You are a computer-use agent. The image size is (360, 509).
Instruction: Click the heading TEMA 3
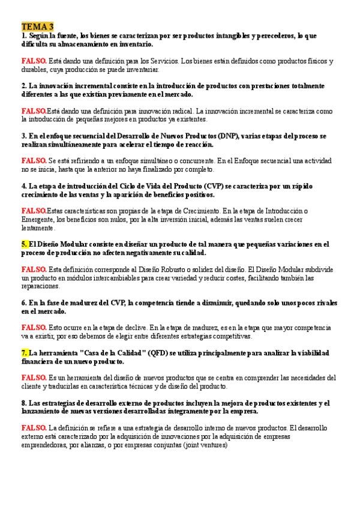pyautogui.click(x=37, y=26)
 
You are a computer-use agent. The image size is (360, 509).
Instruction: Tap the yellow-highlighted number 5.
pyautogui.click(x=24, y=244)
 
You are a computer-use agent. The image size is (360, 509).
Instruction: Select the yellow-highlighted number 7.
pyautogui.click(x=24, y=353)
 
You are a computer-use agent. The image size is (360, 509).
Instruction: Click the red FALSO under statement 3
pyautogui.click(x=34, y=161)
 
